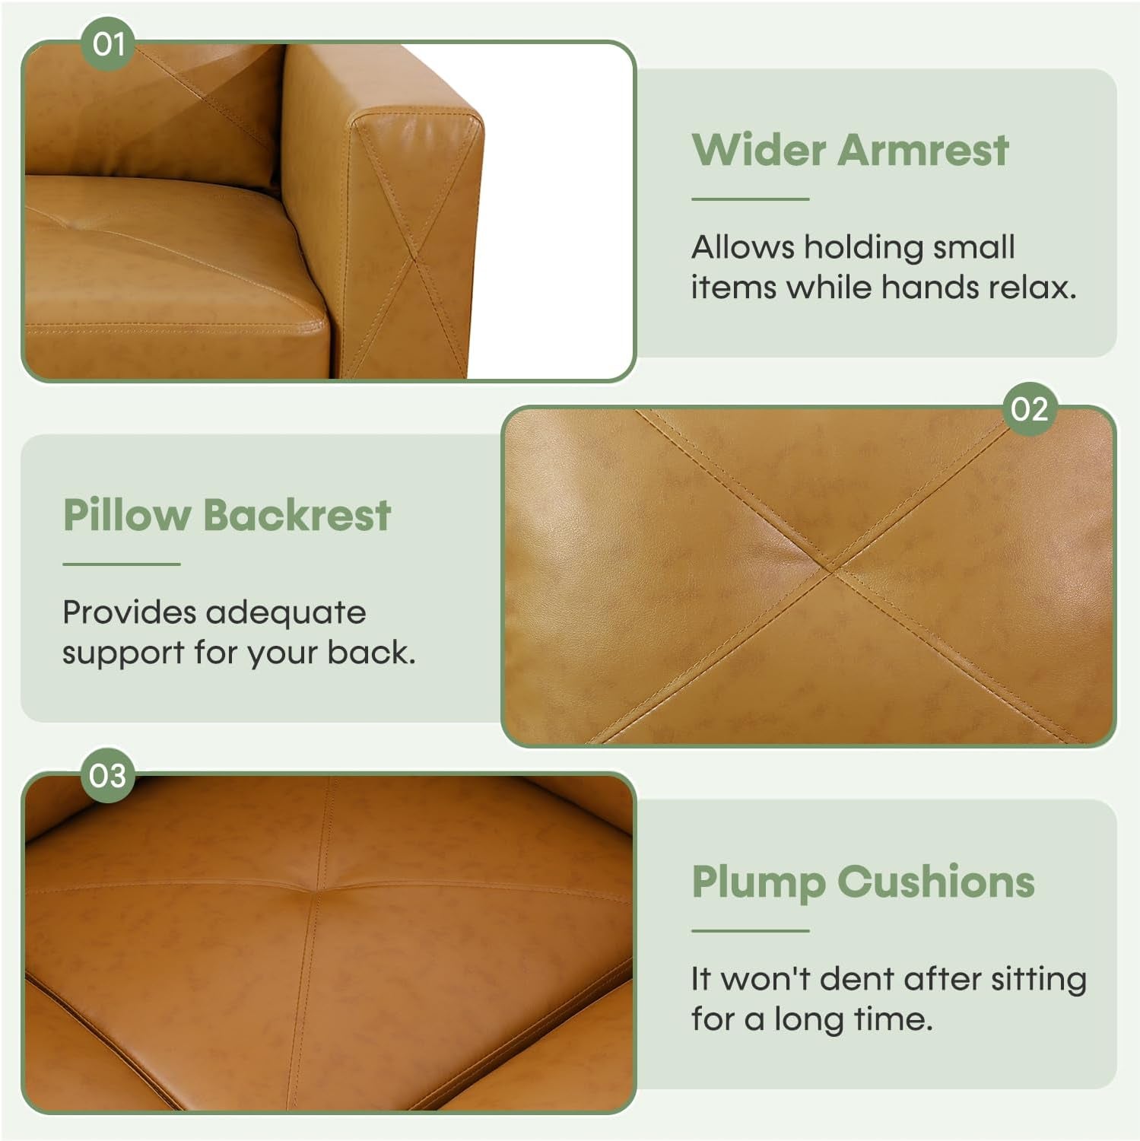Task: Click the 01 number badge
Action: (108, 44)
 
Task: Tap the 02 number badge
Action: (1030, 409)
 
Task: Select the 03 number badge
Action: (107, 776)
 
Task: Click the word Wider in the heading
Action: (758, 149)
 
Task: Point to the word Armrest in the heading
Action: (923, 149)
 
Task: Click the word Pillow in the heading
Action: (126, 515)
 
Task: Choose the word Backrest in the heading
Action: (297, 515)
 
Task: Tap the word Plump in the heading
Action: (757, 882)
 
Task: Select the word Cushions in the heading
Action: (936, 882)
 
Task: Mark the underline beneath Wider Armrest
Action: (750, 199)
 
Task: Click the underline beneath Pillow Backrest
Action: (121, 564)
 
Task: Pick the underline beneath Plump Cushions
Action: (750, 930)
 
